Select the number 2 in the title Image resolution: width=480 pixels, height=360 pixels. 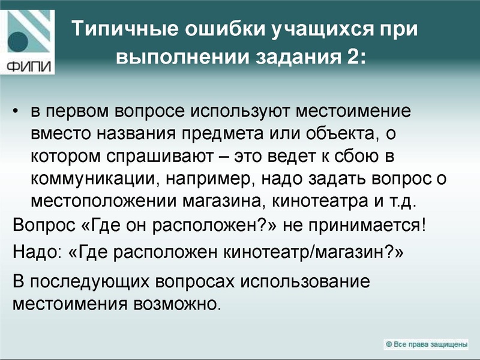pyautogui.click(x=350, y=57)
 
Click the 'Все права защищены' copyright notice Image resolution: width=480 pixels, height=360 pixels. pyautogui.click(x=427, y=344)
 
